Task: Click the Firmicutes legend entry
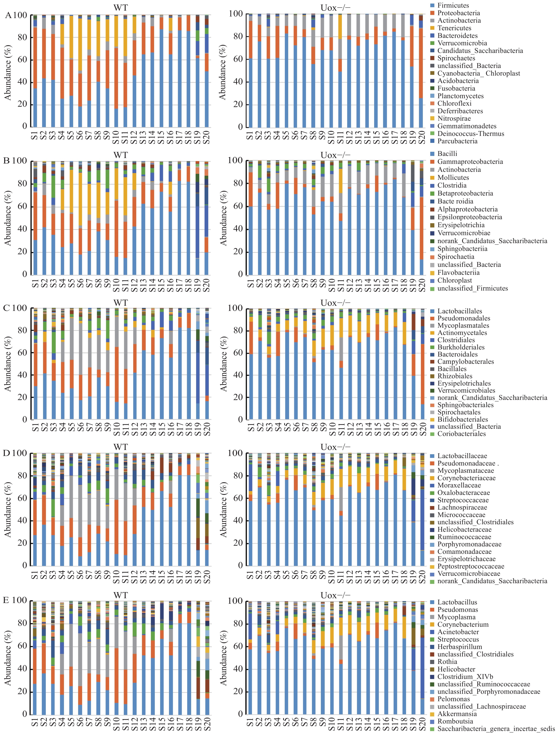[x=453, y=5]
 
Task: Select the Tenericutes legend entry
[x=454, y=28]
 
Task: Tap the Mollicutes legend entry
[x=453, y=177]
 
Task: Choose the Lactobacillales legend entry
[x=460, y=311]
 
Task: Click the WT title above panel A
[x=120, y=7]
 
